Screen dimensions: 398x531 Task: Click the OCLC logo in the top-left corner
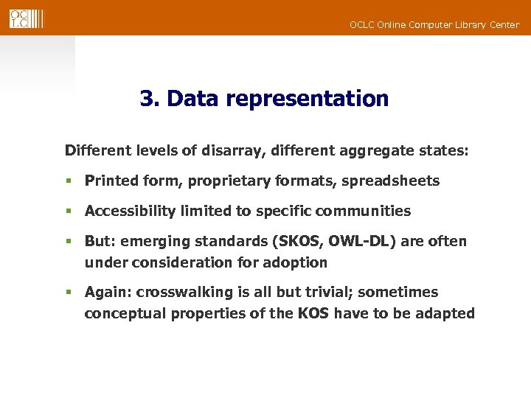coord(27,18)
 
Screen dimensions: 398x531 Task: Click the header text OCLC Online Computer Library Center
coord(434,25)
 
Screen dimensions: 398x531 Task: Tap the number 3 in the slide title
coord(146,99)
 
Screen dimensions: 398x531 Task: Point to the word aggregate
coord(376,151)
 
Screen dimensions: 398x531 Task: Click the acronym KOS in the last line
coord(313,314)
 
